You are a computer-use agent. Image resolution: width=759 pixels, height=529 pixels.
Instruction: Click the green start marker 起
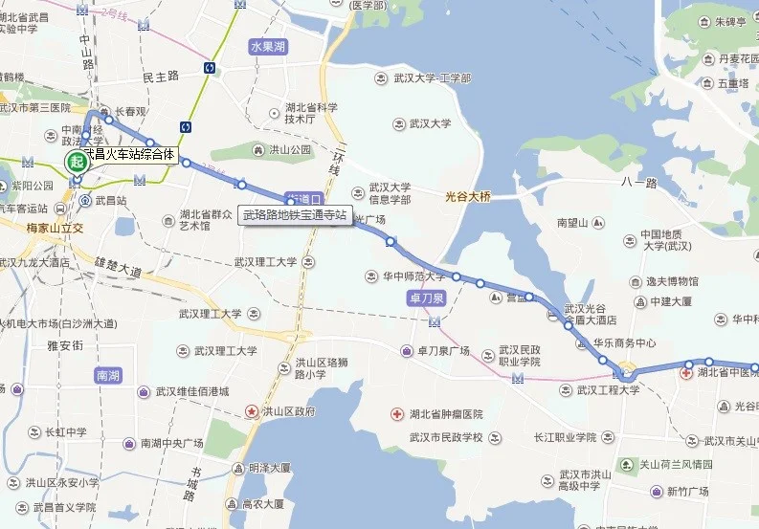tap(75, 162)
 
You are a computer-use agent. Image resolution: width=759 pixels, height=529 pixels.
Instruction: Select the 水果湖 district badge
tap(267, 46)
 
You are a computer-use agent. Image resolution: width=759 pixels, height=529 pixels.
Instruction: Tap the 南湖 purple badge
tap(108, 375)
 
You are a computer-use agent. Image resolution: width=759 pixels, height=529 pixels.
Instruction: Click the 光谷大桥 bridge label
tap(468, 197)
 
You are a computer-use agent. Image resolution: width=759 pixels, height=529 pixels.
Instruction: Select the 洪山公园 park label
tap(281, 150)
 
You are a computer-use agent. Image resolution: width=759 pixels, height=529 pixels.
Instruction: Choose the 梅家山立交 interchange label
tap(56, 228)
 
